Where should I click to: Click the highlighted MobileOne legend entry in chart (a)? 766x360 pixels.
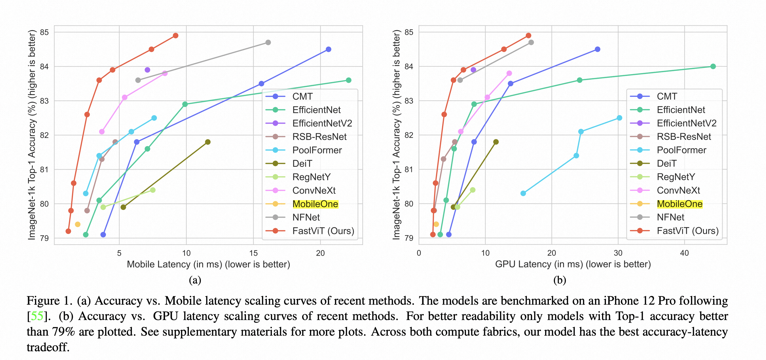coord(315,204)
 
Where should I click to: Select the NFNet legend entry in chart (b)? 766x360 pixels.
coord(670,218)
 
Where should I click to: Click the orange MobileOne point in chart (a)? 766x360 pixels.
coord(77,224)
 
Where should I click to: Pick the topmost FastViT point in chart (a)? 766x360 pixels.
coord(176,36)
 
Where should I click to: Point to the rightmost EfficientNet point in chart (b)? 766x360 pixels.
coord(713,66)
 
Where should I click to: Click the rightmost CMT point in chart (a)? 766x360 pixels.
coord(329,49)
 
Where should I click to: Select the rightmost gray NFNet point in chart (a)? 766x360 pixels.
coord(268,43)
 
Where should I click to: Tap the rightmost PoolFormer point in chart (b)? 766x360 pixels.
coord(619,118)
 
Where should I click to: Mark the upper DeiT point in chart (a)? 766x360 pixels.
coord(208,142)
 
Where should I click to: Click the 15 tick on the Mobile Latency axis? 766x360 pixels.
coord(253,253)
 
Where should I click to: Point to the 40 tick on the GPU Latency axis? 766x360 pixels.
coord(684,253)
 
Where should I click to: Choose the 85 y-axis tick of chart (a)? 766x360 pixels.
coord(44,32)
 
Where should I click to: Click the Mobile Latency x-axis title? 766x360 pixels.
coord(208,264)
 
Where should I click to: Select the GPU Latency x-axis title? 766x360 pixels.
coord(573,264)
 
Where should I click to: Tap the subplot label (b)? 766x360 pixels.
coord(560,280)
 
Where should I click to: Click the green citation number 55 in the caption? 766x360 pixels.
coord(37,316)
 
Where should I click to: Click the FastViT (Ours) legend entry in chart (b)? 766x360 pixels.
coord(687,231)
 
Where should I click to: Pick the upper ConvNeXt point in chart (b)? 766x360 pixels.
coord(509,73)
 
